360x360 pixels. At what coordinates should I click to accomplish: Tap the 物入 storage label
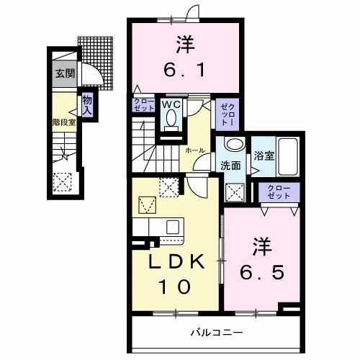87,106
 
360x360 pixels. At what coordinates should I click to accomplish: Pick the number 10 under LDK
176,287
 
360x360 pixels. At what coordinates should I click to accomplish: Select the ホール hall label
195,150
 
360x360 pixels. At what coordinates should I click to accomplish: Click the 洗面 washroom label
230,166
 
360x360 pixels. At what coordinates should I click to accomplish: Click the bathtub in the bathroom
289,155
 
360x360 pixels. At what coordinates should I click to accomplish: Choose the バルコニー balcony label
215,333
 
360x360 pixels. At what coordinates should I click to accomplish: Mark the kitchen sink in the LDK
172,227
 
